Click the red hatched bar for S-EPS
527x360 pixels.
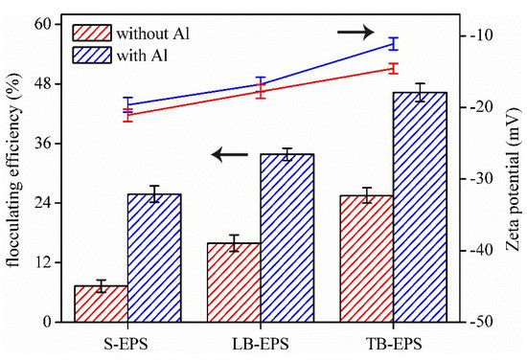pyautogui.click(x=102, y=304)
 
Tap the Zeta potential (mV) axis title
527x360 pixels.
pyautogui.click(x=513, y=177)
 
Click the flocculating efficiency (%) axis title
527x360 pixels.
pyautogui.click(x=13, y=177)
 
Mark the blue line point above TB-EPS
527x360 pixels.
pyautogui.click(x=394, y=43)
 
